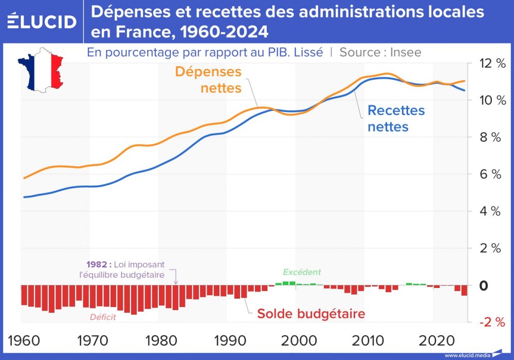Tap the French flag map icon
pyautogui.click(x=41, y=69)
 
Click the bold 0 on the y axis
pyautogui.click(x=484, y=285)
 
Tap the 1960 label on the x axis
pyautogui.click(x=24, y=340)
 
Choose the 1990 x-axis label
pyautogui.click(x=228, y=340)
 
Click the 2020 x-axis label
pyautogui.click(x=434, y=340)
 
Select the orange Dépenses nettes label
pyautogui.click(x=208, y=80)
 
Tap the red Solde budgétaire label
pyautogui.click(x=311, y=313)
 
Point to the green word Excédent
pyautogui.click(x=302, y=272)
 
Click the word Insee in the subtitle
pyautogui.click(x=406, y=52)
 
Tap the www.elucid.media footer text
pyautogui.click(x=467, y=355)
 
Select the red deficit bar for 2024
pyautogui.click(x=464, y=291)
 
